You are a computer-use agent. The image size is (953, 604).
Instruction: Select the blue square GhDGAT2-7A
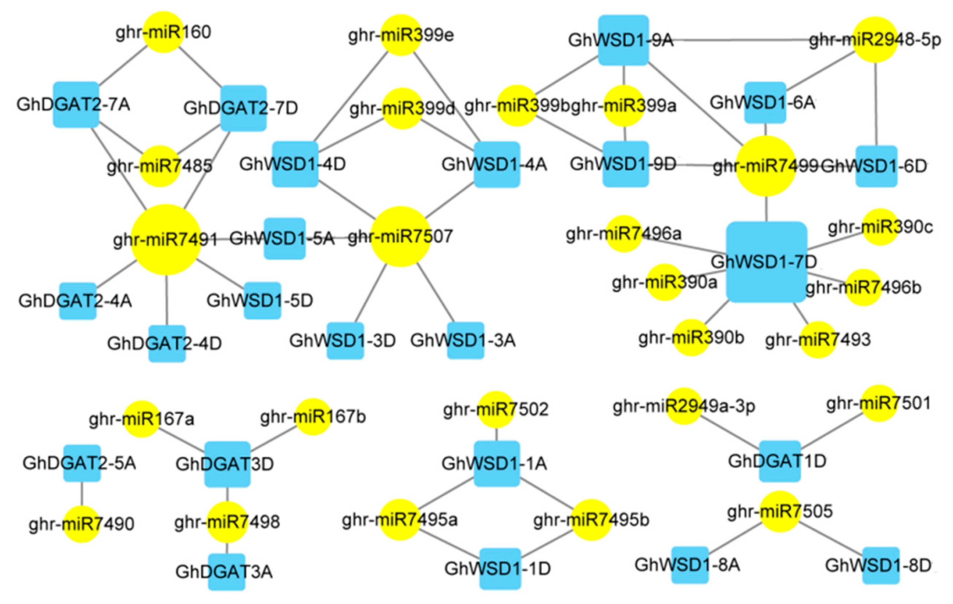point(76,104)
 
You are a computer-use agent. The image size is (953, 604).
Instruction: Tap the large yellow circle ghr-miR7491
point(166,239)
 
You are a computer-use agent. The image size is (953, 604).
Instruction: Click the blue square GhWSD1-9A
point(623,40)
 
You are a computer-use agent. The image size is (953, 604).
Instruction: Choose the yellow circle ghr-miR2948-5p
point(875,40)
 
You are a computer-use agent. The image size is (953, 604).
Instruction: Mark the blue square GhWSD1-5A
point(285,238)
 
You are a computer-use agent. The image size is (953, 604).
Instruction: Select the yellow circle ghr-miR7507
point(401,236)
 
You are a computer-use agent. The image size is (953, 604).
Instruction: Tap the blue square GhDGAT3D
point(227,464)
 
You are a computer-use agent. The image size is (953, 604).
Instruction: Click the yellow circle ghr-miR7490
point(82,524)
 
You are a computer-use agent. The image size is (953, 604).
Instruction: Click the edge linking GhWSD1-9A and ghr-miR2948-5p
point(752,40)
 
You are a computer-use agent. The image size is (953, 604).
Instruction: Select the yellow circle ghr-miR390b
point(691,337)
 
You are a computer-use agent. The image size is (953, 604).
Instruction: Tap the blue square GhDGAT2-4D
point(167,343)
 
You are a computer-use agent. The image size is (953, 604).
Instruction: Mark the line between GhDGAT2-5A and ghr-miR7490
point(82,494)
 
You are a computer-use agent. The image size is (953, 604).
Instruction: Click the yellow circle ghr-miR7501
point(879,403)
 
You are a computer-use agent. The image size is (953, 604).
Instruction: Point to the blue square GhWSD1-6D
point(876,166)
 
